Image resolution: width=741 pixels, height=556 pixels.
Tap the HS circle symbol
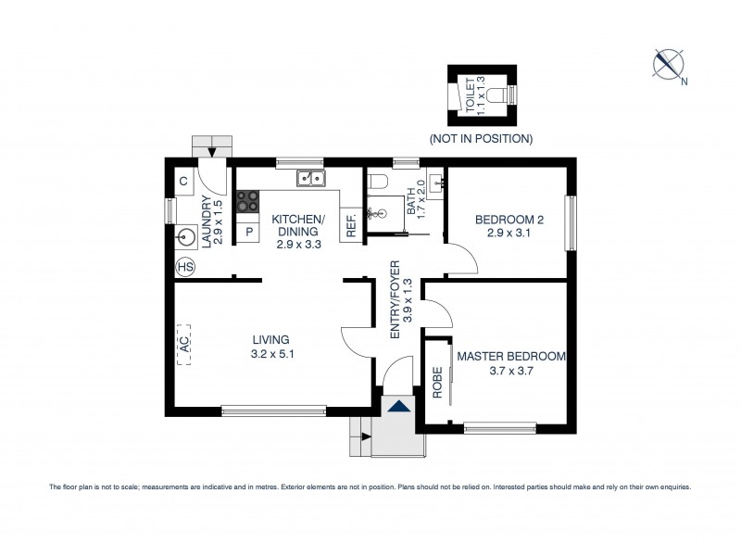click(185, 266)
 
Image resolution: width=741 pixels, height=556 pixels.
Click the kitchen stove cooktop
click(247, 201)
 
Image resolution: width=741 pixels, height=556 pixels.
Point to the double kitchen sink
click(309, 178)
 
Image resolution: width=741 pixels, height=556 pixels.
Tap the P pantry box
click(247, 231)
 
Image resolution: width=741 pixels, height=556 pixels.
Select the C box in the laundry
click(184, 181)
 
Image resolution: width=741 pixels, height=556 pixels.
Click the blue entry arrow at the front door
click(399, 406)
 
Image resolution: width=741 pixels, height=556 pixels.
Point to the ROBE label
click(436, 383)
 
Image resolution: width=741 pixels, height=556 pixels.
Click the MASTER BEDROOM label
click(510, 356)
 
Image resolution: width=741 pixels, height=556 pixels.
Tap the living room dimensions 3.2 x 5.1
click(272, 353)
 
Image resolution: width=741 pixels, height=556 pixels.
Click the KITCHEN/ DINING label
click(297, 225)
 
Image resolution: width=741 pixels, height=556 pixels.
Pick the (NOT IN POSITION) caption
click(480, 139)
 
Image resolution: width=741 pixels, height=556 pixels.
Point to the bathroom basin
click(436, 182)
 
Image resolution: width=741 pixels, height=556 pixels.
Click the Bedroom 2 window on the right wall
click(571, 223)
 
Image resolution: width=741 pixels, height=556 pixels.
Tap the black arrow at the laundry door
click(213, 152)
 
